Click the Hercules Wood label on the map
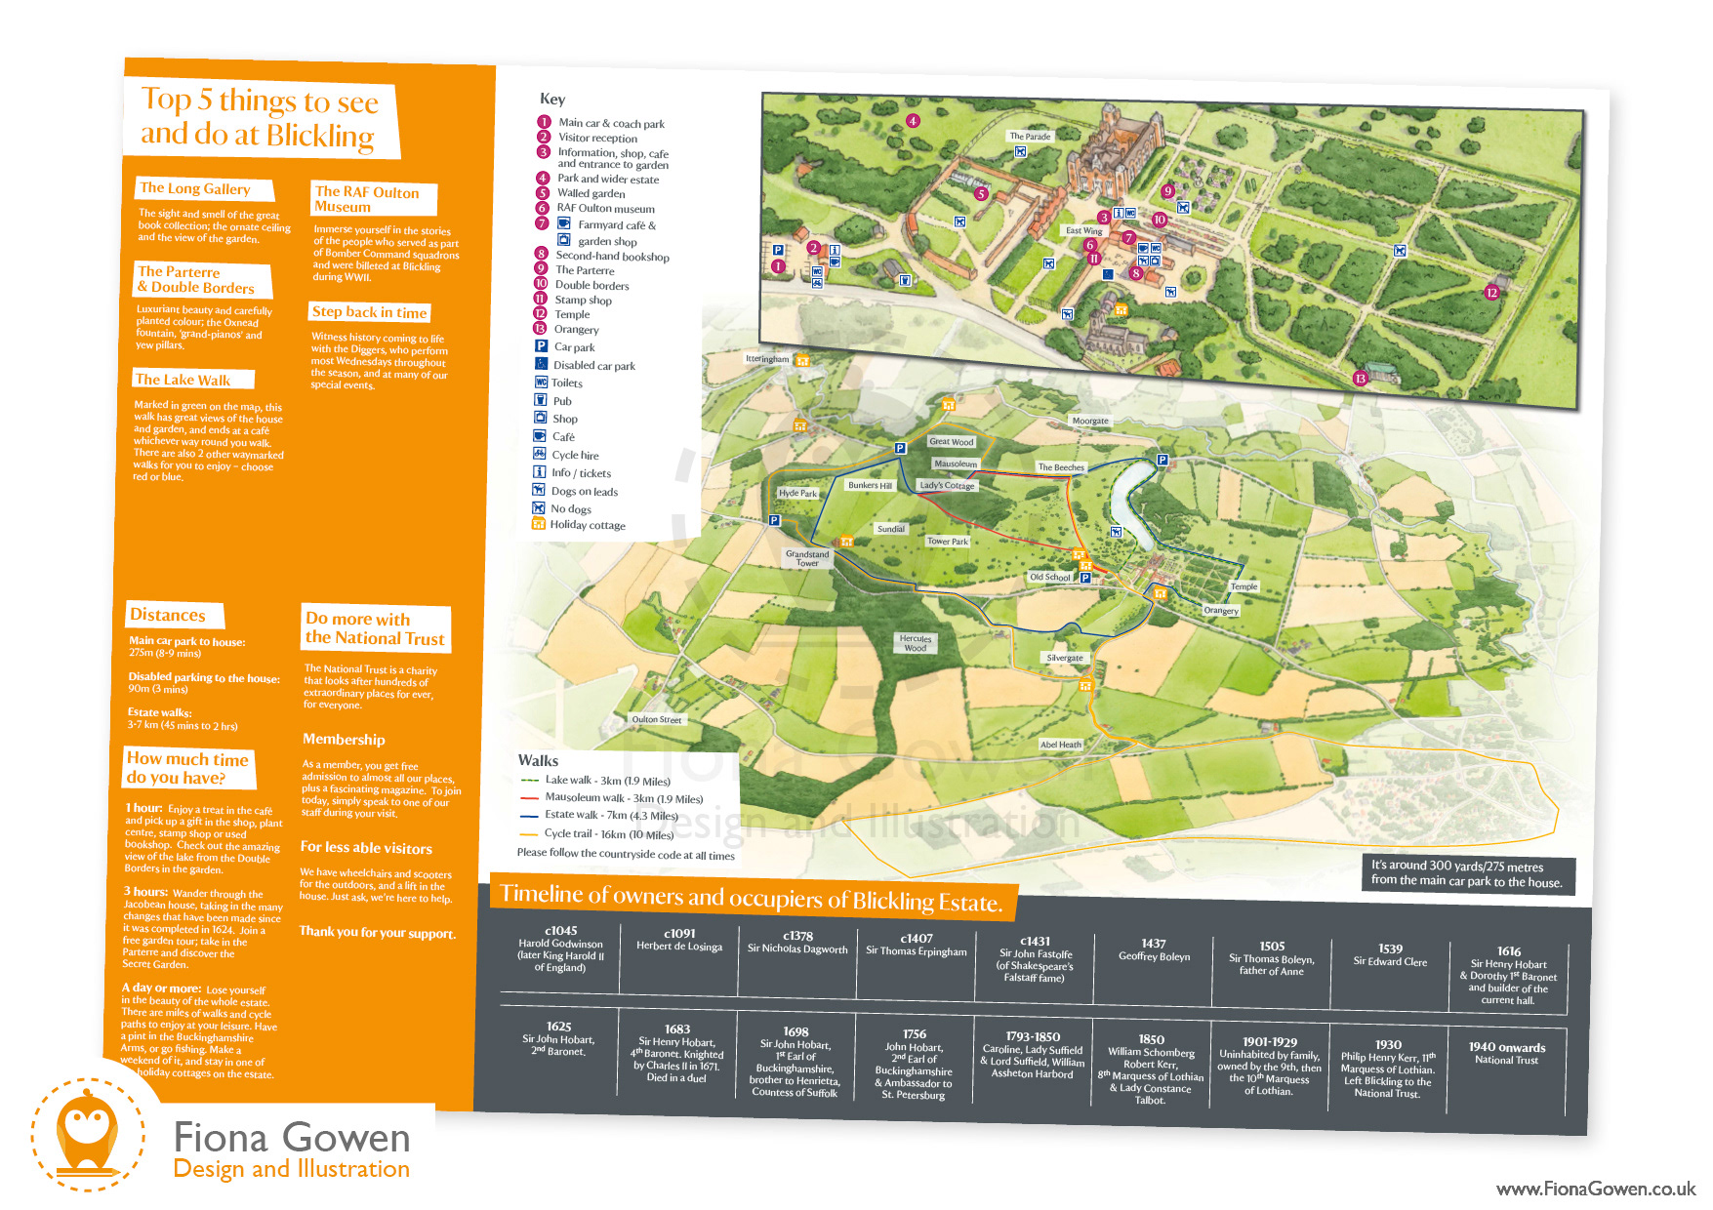[x=916, y=643]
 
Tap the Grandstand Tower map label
[x=807, y=558]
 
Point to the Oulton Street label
[x=656, y=720]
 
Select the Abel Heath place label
[x=1061, y=745]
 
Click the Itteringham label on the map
[x=767, y=359]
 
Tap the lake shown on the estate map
[x=1129, y=493]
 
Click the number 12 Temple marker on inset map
[x=1491, y=293]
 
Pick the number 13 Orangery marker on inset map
[x=1360, y=379]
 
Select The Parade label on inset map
[x=1030, y=137]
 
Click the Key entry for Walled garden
[x=591, y=193]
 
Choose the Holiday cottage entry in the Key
[x=587, y=525]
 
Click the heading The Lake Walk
[x=184, y=380]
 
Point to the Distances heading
[x=168, y=615]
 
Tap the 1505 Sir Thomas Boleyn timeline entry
[x=1272, y=958]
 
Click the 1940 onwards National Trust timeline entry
[x=1507, y=1053]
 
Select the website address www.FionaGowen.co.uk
[x=1596, y=1189]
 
